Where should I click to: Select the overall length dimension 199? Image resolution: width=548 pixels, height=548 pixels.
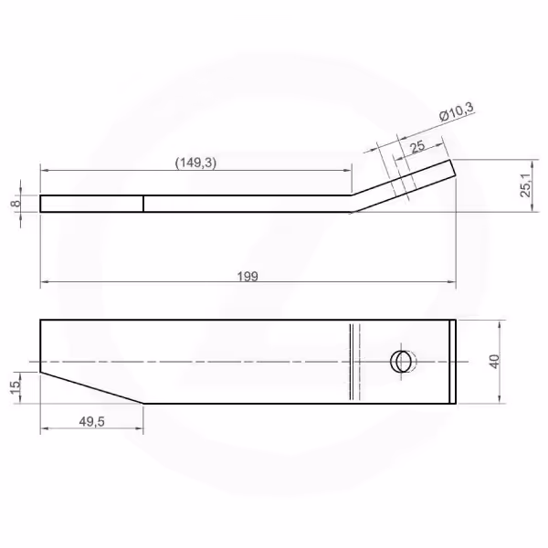pyautogui.click(x=248, y=277)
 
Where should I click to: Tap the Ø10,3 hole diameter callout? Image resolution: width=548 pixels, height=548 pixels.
pyautogui.click(x=457, y=111)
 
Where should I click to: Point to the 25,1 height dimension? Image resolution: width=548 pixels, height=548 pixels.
pyautogui.click(x=526, y=185)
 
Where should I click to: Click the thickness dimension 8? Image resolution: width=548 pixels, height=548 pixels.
pyautogui.click(x=16, y=203)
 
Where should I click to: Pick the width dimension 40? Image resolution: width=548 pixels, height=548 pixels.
pyautogui.click(x=494, y=362)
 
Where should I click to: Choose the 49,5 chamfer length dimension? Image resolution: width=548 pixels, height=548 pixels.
pyautogui.click(x=92, y=422)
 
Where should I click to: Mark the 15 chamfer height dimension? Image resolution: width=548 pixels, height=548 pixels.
pyautogui.click(x=16, y=387)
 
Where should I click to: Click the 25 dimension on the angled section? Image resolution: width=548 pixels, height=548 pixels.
pyautogui.click(x=418, y=147)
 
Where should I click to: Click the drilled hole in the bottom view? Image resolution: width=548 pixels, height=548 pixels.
pyautogui.click(x=401, y=362)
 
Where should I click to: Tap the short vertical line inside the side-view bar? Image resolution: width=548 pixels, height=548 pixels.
pyautogui.click(x=143, y=204)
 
